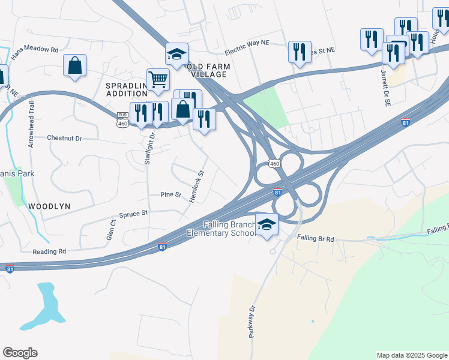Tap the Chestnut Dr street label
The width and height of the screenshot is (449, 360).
click(x=64, y=138)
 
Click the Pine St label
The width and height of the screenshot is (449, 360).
click(x=170, y=194)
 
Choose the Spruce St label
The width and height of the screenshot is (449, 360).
click(x=133, y=214)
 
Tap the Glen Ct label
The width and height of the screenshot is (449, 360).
click(x=111, y=229)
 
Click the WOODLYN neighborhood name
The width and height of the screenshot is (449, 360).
click(x=49, y=206)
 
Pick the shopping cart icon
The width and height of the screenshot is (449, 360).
click(x=158, y=79)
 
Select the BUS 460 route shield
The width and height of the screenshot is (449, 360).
click(x=122, y=119)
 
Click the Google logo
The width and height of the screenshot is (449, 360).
click(x=20, y=353)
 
